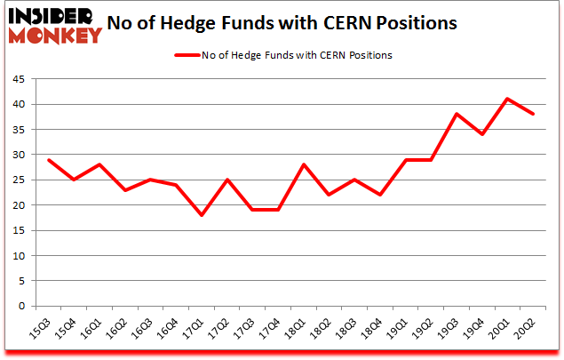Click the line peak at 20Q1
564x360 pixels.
(x=506, y=99)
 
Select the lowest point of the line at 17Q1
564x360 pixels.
(x=203, y=215)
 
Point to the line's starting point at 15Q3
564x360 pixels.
(x=49, y=160)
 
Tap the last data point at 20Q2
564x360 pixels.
(x=532, y=114)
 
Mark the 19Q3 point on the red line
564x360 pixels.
(x=456, y=114)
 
